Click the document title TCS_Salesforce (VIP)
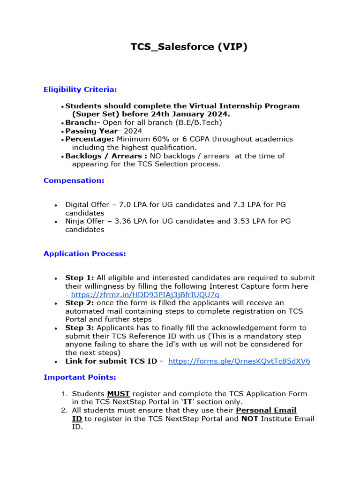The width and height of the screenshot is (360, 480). pos(188,47)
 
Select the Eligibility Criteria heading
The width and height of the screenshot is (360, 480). pos(80,89)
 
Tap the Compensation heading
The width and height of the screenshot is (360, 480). pos(74,180)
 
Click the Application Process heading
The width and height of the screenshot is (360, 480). pos(85,254)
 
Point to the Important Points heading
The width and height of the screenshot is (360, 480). pos(80,377)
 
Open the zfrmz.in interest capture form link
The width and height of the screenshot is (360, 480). pos(145,294)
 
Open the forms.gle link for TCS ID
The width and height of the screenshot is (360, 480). pos(239,361)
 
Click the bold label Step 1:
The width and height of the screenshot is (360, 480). pos(80,278)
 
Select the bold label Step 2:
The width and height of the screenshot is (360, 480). pos(80,303)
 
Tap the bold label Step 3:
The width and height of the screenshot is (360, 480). pos(80,328)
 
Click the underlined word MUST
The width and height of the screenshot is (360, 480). pos(118,394)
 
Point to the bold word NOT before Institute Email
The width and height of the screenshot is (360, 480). pos(249,419)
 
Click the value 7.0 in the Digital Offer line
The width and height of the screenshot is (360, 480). pos(125,205)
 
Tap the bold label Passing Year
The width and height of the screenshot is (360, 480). pos(91,131)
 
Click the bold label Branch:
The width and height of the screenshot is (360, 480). pos(81,123)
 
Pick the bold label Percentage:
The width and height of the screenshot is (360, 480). pos(90,139)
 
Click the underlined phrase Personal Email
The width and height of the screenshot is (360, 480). pos(266,411)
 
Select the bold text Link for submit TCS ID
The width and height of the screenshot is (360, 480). pos(111,361)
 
